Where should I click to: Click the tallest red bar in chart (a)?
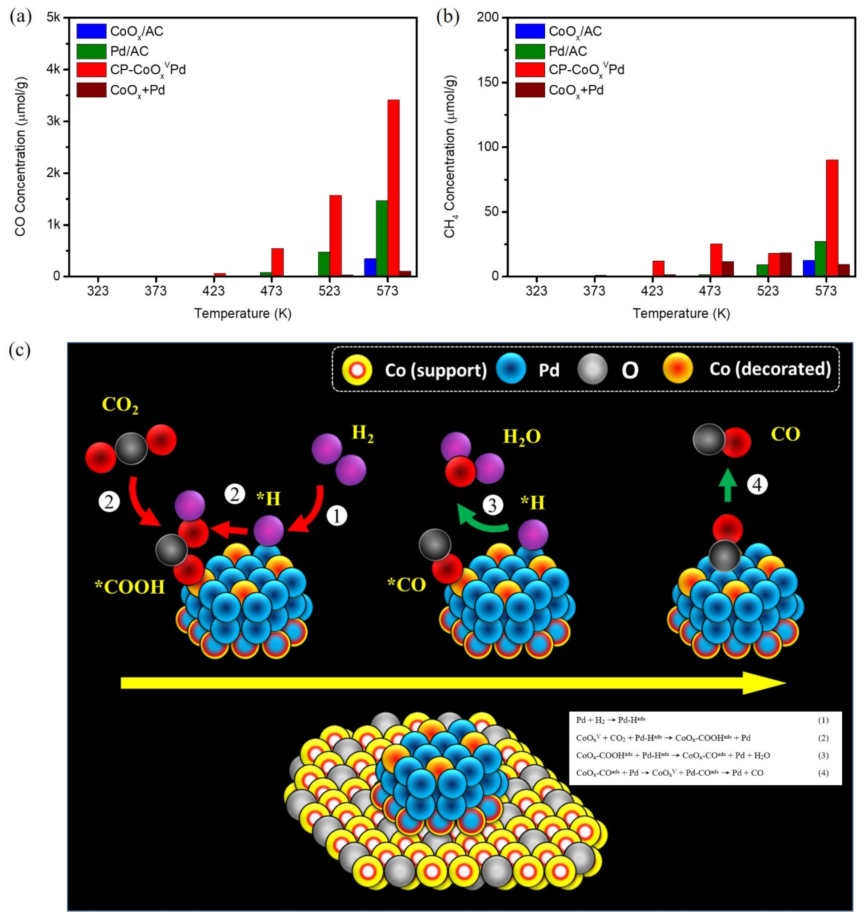[x=393, y=188]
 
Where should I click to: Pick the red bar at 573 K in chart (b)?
[x=832, y=218]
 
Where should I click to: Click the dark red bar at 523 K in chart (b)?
[x=785, y=264]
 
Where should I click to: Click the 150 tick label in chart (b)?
[x=488, y=82]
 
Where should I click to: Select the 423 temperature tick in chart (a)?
[x=214, y=291]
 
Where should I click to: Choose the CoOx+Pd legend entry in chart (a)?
[x=137, y=90]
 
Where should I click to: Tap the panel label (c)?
[x=19, y=351]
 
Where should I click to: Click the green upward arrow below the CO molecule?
[x=728, y=485]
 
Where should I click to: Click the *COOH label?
[x=130, y=587]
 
